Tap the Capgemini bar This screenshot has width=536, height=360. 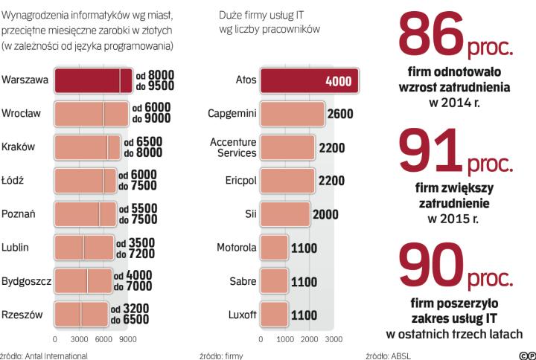[293, 114]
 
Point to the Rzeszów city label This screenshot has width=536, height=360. [22, 315]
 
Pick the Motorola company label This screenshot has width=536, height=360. [237, 248]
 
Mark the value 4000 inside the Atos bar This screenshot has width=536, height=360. [339, 81]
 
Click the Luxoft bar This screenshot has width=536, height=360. [275, 315]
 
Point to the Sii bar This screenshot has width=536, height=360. [285, 214]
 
